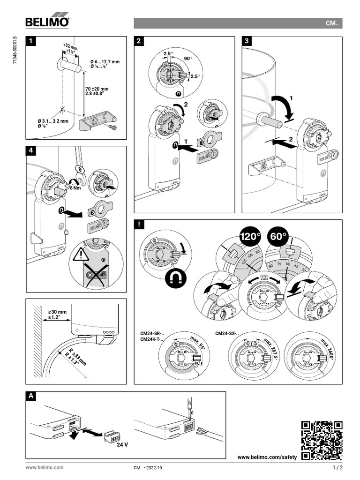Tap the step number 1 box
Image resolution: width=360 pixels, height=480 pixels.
coord(31,41)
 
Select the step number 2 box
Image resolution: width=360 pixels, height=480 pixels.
coord(139,41)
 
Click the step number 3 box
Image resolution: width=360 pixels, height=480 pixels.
coord(247,41)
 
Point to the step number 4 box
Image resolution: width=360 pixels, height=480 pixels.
coord(31,151)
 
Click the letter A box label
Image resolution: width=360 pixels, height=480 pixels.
coord(31,396)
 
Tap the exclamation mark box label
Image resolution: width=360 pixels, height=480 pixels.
coord(139,225)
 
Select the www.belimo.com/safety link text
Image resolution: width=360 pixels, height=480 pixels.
coord(267,457)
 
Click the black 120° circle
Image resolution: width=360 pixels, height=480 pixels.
coord(250,237)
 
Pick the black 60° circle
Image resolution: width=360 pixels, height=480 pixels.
coord(278,237)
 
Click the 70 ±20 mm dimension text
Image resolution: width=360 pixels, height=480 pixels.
coord(97,89)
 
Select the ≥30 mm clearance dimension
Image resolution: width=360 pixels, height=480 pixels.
coord(57,311)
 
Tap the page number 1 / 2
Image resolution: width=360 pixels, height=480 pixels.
coord(337,468)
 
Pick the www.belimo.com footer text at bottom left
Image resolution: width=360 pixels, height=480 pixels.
coord(45,468)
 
